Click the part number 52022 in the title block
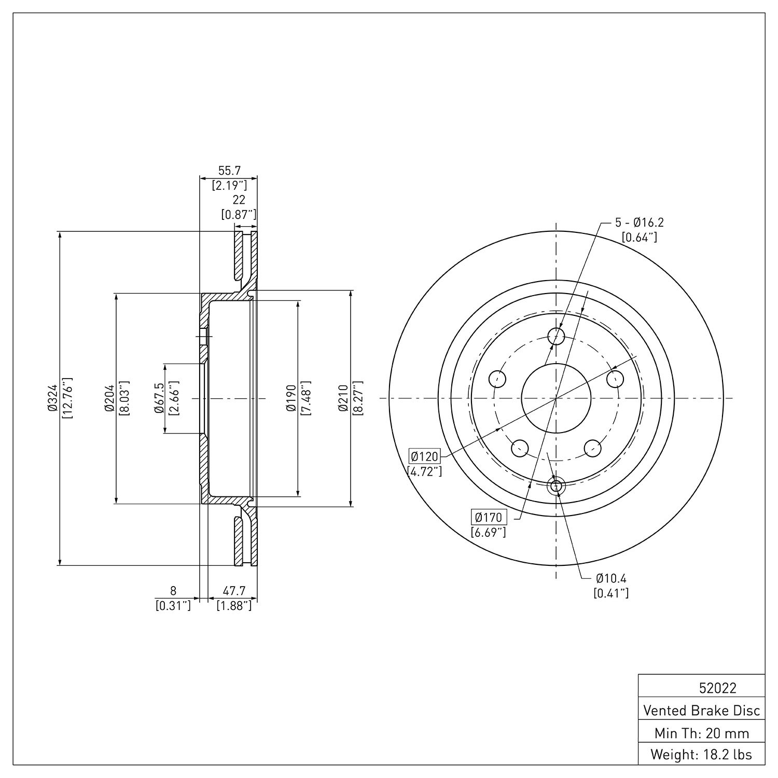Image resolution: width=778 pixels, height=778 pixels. [717, 688]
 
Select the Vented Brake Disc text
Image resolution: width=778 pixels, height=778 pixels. [702, 710]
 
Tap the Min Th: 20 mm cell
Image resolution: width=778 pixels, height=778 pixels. [702, 733]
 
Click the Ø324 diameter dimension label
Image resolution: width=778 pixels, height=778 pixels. [52, 398]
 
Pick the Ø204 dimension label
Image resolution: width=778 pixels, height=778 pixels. [109, 398]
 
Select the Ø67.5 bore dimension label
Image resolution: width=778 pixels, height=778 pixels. [159, 398]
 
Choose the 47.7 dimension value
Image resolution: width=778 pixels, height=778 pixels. [234, 591]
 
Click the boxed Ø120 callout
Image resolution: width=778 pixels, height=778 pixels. [424, 456]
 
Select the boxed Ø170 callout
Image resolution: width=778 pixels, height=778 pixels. [489, 517]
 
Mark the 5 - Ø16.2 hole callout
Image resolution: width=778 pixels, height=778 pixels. [640, 223]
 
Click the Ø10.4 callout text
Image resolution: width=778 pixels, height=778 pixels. [612, 578]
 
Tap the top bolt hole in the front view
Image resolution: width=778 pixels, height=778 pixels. [556, 336]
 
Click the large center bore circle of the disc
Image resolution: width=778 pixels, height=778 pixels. [556, 398]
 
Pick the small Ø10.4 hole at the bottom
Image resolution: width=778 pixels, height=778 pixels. [556, 487]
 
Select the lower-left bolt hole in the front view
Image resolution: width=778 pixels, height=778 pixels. [520, 448]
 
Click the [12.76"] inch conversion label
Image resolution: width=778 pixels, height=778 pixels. [67, 398]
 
